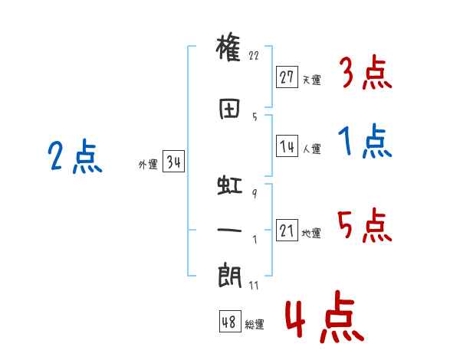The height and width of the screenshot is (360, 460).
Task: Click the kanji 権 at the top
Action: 228,47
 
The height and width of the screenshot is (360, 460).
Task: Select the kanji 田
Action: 229,109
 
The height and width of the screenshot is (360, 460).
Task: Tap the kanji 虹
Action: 230,185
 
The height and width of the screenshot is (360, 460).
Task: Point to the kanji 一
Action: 229,230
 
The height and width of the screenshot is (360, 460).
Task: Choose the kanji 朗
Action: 230,277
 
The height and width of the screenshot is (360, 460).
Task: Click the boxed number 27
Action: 287,77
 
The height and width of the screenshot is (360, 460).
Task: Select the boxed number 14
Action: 287,146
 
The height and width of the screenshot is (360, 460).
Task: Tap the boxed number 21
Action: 287,230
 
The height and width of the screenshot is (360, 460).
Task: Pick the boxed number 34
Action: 173,161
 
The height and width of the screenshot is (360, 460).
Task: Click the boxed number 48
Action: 230,321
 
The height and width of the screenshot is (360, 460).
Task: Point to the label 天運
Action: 311,80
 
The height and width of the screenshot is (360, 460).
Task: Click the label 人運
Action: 311,149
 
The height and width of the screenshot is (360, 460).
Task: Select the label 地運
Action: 311,233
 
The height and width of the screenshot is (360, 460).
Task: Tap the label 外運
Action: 148,164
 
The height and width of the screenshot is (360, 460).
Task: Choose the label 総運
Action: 255,324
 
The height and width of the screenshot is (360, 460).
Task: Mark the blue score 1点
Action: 365,141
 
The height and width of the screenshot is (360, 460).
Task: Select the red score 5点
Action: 365,225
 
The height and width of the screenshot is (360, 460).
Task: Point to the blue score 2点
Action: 75,156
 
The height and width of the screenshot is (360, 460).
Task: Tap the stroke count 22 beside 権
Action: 254,55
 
